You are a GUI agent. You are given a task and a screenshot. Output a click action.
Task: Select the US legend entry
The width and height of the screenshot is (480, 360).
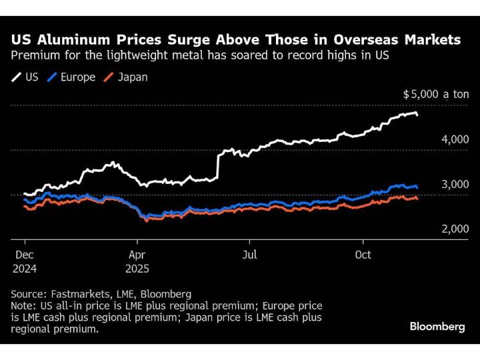(x=25, y=77)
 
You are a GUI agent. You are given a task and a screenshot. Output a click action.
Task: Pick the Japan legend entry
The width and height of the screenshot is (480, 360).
(x=126, y=77)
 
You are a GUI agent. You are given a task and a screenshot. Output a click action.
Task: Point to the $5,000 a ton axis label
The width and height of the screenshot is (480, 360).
(x=436, y=95)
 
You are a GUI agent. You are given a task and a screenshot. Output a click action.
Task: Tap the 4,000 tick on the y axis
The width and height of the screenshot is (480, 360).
(x=455, y=139)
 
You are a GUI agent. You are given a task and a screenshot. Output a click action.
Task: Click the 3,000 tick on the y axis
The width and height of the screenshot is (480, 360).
(x=455, y=184)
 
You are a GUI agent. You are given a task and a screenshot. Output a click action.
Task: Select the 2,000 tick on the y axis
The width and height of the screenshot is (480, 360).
(x=455, y=229)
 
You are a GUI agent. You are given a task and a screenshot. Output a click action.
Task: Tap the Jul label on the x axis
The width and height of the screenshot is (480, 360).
(x=249, y=254)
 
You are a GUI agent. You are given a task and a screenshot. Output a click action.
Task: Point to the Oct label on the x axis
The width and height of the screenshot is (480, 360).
(x=363, y=254)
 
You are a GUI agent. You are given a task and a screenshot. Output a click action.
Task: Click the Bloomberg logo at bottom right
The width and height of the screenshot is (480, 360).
(x=437, y=326)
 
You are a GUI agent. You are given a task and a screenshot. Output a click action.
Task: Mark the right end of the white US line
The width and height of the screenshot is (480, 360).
(x=417, y=115)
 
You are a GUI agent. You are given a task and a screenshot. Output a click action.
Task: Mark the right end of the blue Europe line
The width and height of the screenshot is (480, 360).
(x=417, y=187)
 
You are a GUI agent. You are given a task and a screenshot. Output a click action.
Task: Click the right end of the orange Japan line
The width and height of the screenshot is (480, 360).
(x=417, y=198)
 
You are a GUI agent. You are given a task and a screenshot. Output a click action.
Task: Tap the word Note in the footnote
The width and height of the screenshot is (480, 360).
(x=23, y=305)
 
